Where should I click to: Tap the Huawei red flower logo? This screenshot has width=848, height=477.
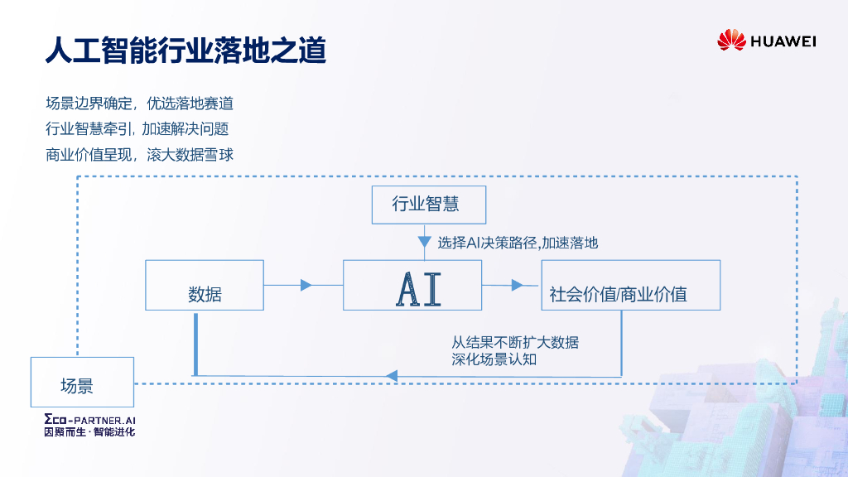point(731,40)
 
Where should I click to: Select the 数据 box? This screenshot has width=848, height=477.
point(205,286)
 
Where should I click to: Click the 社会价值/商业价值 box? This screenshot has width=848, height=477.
point(630,286)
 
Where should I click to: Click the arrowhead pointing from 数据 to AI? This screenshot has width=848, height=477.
point(306,285)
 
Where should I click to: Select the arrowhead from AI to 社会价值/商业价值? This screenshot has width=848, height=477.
point(518,285)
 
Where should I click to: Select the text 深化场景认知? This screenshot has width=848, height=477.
point(494,359)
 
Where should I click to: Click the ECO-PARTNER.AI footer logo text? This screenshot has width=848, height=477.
point(89,420)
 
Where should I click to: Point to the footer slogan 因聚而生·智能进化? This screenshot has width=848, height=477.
point(89,432)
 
